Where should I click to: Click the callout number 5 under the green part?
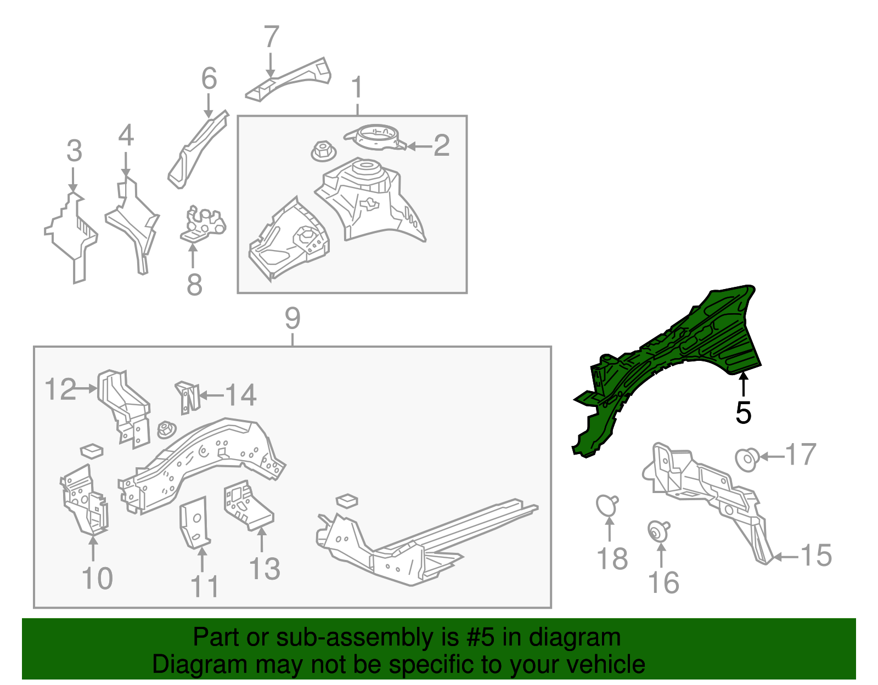(744, 412)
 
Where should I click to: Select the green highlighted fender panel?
(687, 355)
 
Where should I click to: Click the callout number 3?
(74, 151)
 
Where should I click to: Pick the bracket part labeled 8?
(203, 224)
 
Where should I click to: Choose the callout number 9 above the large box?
(292, 319)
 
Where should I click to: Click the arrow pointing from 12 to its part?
(87, 389)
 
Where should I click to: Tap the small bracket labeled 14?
(188, 398)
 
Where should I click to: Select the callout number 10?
(97, 579)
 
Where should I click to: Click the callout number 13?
(264, 569)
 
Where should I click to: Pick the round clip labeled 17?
(747, 460)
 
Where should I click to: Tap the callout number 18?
(612, 559)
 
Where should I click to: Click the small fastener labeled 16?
(658, 531)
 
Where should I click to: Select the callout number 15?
(816, 555)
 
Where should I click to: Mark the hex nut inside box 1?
(323, 150)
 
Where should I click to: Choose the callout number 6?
(209, 78)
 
